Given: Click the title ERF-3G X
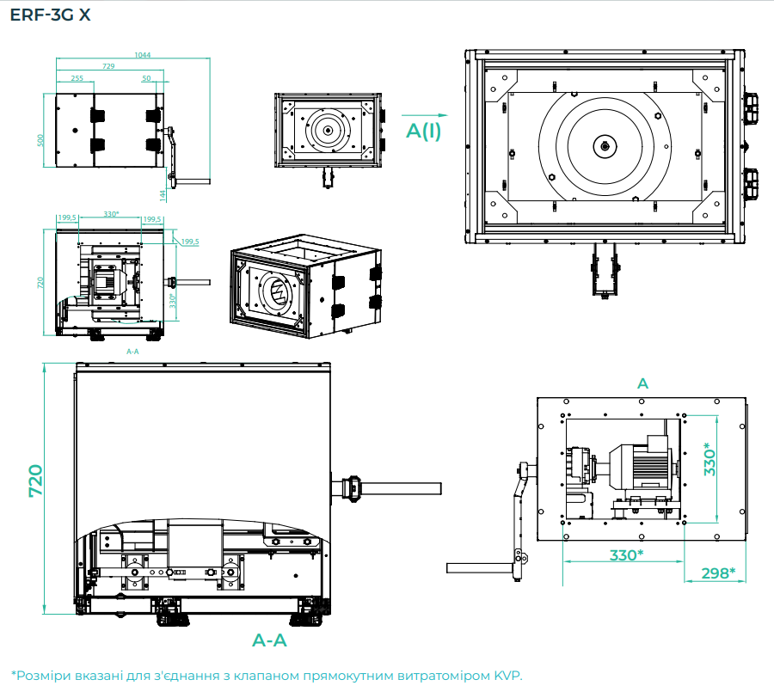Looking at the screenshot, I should [x=49, y=15].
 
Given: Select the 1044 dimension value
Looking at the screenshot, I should [x=143, y=55].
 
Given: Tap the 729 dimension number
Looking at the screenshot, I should [x=109, y=66].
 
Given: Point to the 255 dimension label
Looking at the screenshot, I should [x=77, y=78].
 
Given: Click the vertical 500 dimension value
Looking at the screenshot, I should [x=40, y=140].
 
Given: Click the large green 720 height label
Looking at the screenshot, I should [x=35, y=482].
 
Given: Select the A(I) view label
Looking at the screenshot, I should [x=424, y=131].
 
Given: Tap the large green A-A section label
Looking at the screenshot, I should [x=269, y=640].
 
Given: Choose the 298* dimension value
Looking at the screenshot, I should [x=717, y=573].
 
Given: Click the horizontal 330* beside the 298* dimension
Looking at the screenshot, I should [x=626, y=554].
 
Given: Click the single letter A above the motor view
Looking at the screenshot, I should [x=642, y=383].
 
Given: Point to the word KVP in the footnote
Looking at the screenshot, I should [x=506, y=675].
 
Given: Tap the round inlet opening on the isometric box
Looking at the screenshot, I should [x=277, y=292].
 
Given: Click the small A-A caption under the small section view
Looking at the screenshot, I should [x=132, y=352].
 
